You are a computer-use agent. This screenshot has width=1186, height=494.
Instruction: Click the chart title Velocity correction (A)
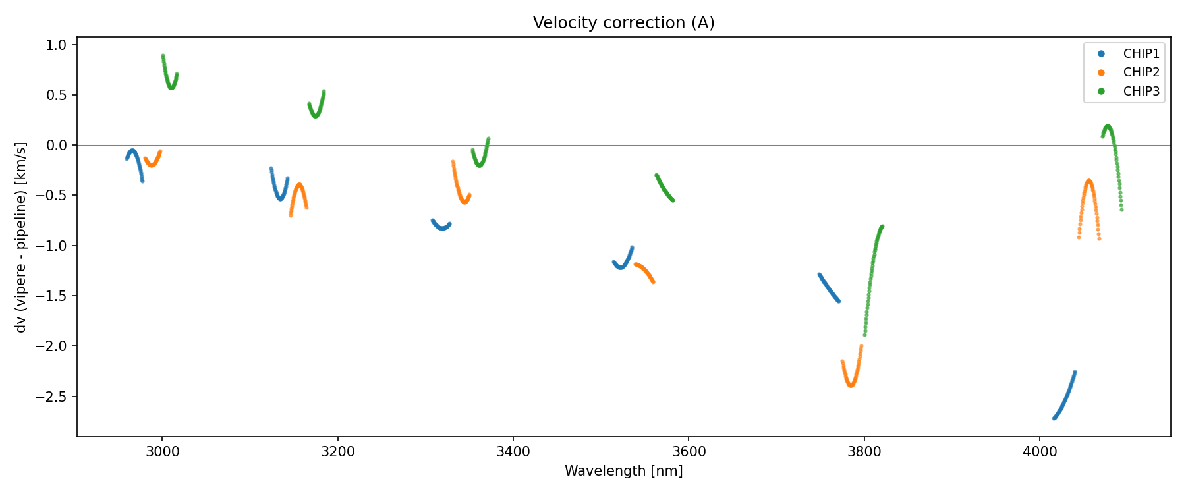pyautogui.click(x=623, y=23)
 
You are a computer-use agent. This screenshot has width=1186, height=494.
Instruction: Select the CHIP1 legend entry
pyautogui.click(x=1141, y=54)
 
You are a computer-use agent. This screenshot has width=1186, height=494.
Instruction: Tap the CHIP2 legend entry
pyautogui.click(x=1141, y=72)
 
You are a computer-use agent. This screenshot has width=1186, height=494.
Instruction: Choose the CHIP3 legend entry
pyautogui.click(x=1141, y=92)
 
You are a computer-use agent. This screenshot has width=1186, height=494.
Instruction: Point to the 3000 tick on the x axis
pyautogui.click(x=162, y=452)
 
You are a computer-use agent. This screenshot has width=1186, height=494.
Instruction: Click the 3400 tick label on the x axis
pyautogui.click(x=513, y=452)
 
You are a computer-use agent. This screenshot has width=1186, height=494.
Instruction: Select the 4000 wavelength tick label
pyautogui.click(x=1039, y=452)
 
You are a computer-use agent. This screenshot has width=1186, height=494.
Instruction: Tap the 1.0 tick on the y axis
pyautogui.click(x=57, y=45)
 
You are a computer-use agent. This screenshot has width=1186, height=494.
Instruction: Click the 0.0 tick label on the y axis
pyautogui.click(x=57, y=145)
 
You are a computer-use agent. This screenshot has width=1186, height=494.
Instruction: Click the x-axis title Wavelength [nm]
pyautogui.click(x=623, y=471)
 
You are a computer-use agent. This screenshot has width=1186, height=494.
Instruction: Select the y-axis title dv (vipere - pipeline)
pyautogui.click(x=21, y=237)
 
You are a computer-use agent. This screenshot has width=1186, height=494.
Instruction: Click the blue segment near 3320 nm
pyautogui.click(x=441, y=228)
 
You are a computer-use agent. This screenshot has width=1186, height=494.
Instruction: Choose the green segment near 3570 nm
pyautogui.click(x=664, y=188)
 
